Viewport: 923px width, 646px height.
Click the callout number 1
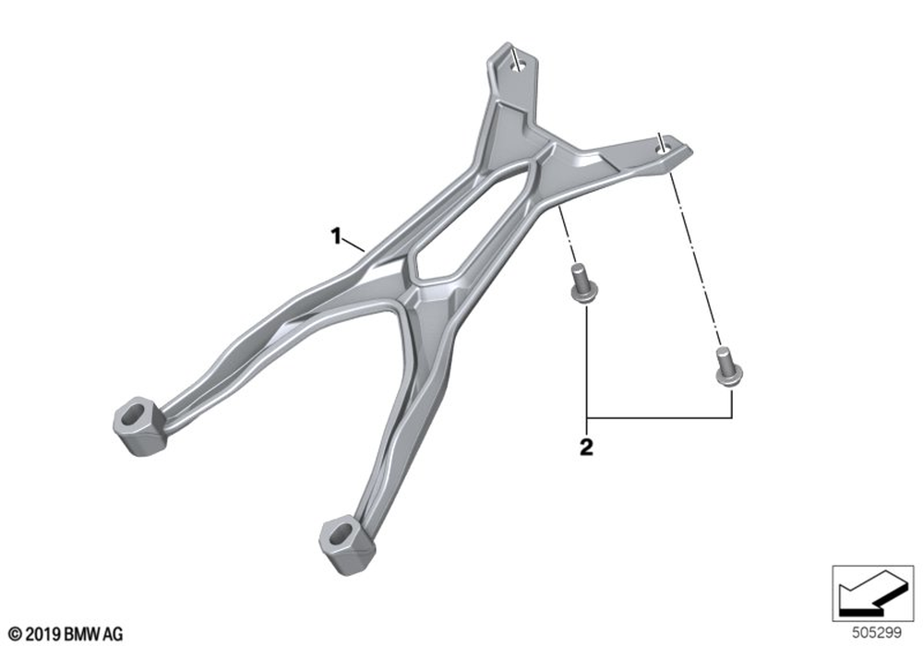336,236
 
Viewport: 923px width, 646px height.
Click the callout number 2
586,448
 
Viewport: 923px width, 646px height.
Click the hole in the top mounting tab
518,66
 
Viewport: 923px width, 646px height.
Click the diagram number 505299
877,633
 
